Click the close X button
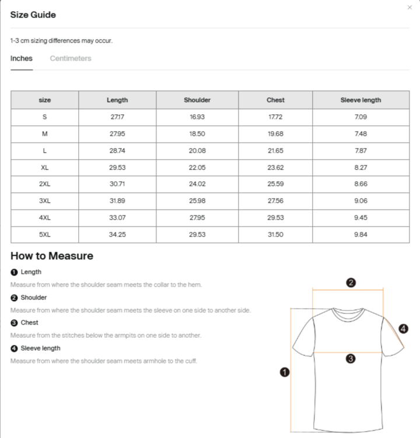(409, 8)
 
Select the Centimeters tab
(71, 58)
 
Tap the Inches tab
(22, 58)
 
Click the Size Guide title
(33, 15)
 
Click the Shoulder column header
(197, 100)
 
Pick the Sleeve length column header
(360, 100)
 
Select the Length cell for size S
(117, 117)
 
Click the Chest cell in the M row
(275, 134)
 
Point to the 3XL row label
(45, 201)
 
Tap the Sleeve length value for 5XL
(360, 235)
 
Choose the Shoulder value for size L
(197, 151)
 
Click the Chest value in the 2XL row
(275, 184)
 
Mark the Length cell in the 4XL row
(117, 218)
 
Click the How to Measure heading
(52, 256)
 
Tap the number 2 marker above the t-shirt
(351, 283)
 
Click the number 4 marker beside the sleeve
(403, 329)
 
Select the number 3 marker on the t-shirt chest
(351, 359)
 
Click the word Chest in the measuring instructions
(29, 323)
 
